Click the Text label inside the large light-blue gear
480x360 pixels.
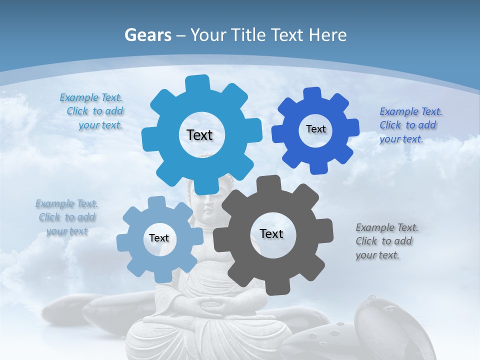pyautogui.click(x=199, y=135)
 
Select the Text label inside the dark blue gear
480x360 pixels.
pyautogui.click(x=315, y=129)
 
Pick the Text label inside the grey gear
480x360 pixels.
pyautogui.click(x=271, y=233)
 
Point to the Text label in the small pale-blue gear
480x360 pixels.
pyautogui.click(x=159, y=238)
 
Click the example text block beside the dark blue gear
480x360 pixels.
pyautogui.click(x=410, y=125)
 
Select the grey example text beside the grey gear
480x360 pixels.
pyautogui.click(x=386, y=241)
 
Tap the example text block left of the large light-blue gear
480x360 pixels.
pyautogui.click(x=93, y=111)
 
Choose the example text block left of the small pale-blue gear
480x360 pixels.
pyautogui.click(x=67, y=217)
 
